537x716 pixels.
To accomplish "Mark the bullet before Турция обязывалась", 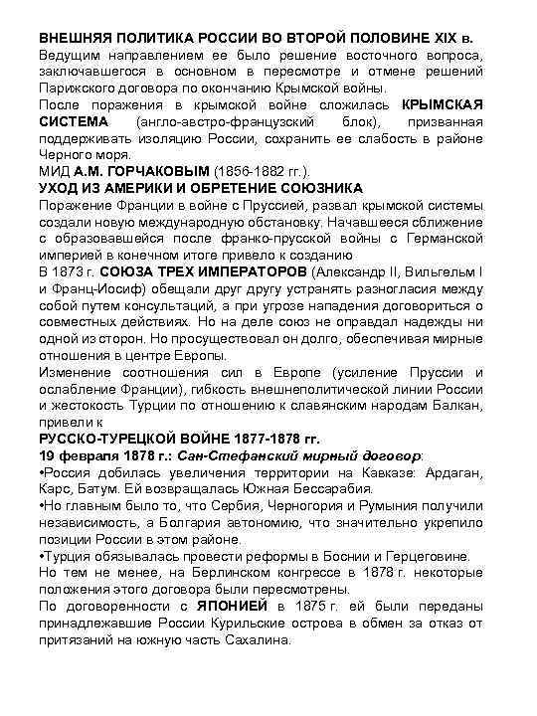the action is (42, 556).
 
